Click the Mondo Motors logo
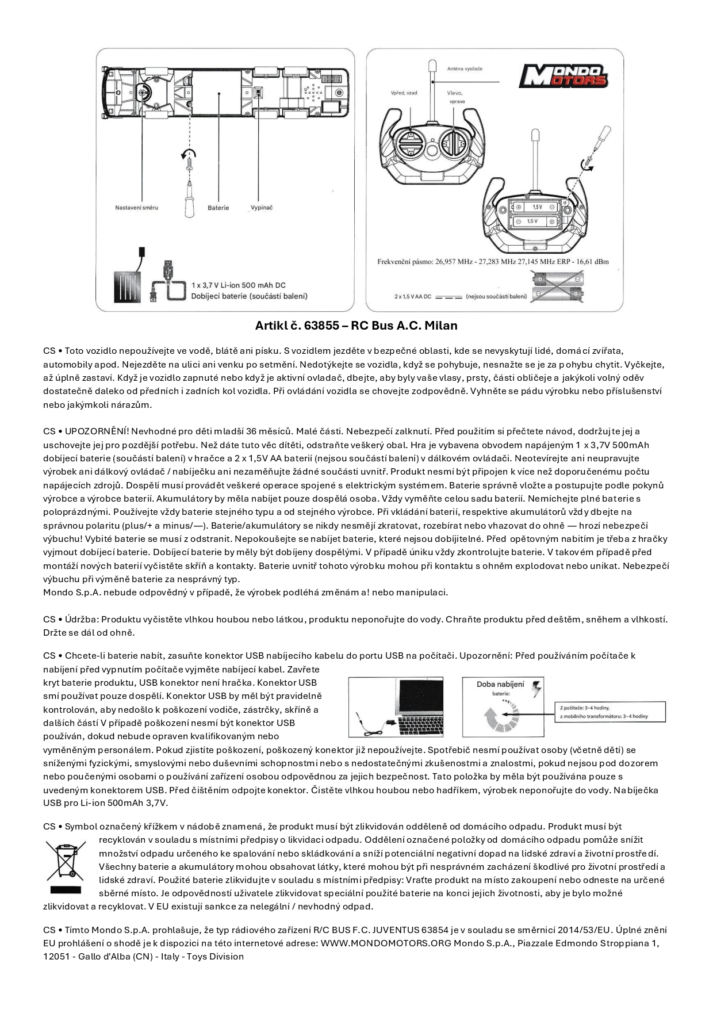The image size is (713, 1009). click(563, 76)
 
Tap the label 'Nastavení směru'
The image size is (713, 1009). click(136, 208)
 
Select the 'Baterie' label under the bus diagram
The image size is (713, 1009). click(218, 208)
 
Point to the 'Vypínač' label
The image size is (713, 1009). click(262, 208)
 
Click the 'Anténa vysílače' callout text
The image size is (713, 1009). click(465, 68)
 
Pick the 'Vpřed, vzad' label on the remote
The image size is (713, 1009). click(404, 93)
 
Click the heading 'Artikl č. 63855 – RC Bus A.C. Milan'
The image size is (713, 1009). click(356, 326)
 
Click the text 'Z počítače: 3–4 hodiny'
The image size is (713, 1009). click(584, 708)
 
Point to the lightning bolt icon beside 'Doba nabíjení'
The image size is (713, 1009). click(537, 689)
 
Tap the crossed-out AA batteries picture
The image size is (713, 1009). click(558, 288)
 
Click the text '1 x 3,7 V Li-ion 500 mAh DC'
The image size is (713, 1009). click(239, 285)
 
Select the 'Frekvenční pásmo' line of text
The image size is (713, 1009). click(493, 262)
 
